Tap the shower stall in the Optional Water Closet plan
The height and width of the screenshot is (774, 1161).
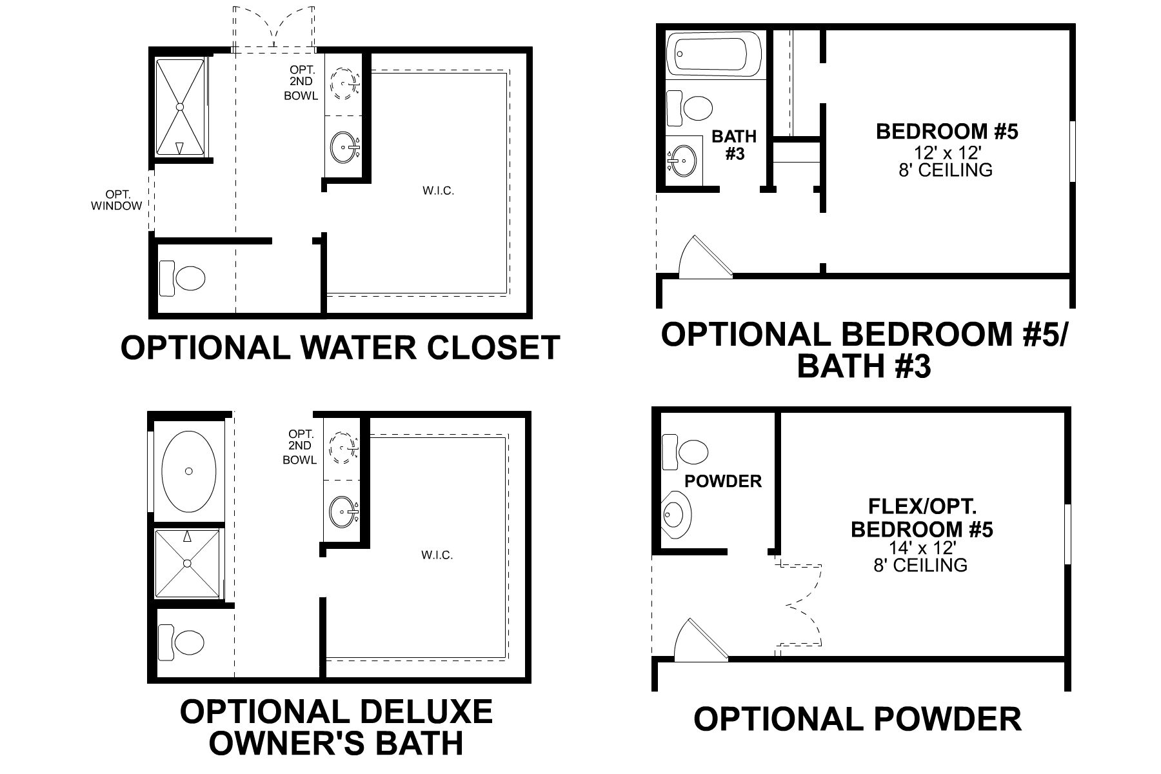tap(181, 106)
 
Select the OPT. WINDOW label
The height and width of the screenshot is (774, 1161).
tap(117, 200)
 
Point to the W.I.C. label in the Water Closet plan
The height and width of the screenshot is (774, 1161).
tap(439, 191)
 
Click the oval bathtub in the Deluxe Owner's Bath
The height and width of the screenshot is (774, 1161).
tap(188, 471)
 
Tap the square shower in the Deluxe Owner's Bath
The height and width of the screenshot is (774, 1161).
tap(188, 563)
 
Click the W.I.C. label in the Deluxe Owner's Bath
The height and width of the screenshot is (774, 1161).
tap(437, 555)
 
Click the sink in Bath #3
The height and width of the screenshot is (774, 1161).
tap(683, 158)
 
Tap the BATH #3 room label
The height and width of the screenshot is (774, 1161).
tap(735, 145)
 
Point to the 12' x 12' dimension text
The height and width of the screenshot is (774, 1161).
tap(947, 154)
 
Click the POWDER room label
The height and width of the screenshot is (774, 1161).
tap(723, 481)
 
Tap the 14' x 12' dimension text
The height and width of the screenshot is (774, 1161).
tap(921, 548)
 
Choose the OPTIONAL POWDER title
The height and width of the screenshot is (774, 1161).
tap(857, 719)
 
